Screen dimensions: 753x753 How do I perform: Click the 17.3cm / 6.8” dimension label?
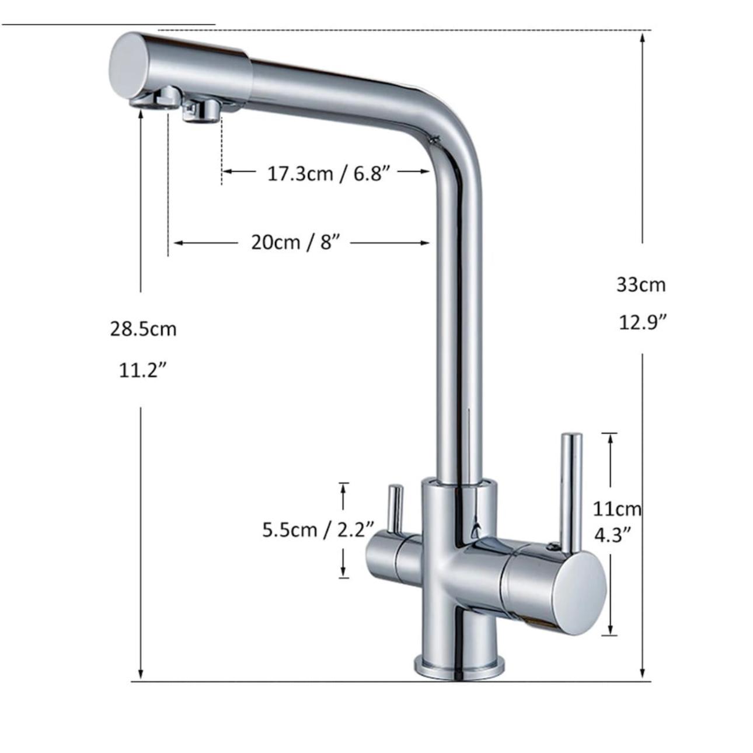point(329,173)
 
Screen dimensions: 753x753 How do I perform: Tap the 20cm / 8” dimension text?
point(297,243)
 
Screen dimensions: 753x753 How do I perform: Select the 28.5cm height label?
point(144,329)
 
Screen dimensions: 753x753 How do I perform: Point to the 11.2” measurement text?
point(143,370)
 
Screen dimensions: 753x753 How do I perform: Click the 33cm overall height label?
point(641,285)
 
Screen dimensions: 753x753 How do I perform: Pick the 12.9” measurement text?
point(643,323)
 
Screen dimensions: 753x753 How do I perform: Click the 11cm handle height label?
point(617,509)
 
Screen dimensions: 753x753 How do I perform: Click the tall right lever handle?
point(571,493)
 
